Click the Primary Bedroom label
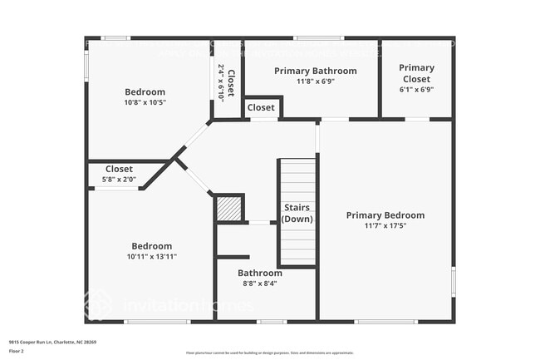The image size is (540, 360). (x=385, y=215)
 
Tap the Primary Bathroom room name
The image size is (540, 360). (x=315, y=71)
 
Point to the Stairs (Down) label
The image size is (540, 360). (x=297, y=213)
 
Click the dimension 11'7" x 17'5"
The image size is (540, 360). (x=385, y=225)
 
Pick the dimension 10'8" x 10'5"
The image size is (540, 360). (x=145, y=102)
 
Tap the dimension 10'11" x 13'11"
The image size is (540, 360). (x=151, y=256)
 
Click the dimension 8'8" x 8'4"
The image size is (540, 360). (x=259, y=283)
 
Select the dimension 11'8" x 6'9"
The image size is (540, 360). (x=315, y=81)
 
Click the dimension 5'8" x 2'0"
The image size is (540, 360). (x=119, y=179)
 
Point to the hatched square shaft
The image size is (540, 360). (x=228, y=208)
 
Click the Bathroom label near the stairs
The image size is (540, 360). (x=259, y=273)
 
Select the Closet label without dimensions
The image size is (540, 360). (x=261, y=107)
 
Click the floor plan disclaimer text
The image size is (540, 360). (x=269, y=352)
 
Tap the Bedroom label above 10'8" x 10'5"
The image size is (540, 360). (x=145, y=92)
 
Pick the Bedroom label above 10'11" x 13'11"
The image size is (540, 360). (x=151, y=246)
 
